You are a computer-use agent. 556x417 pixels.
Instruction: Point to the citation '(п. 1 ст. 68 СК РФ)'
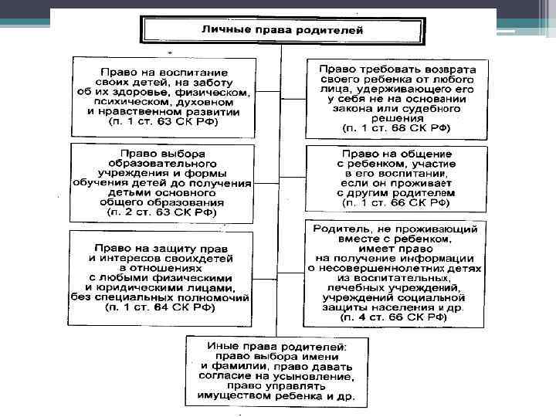396,127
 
